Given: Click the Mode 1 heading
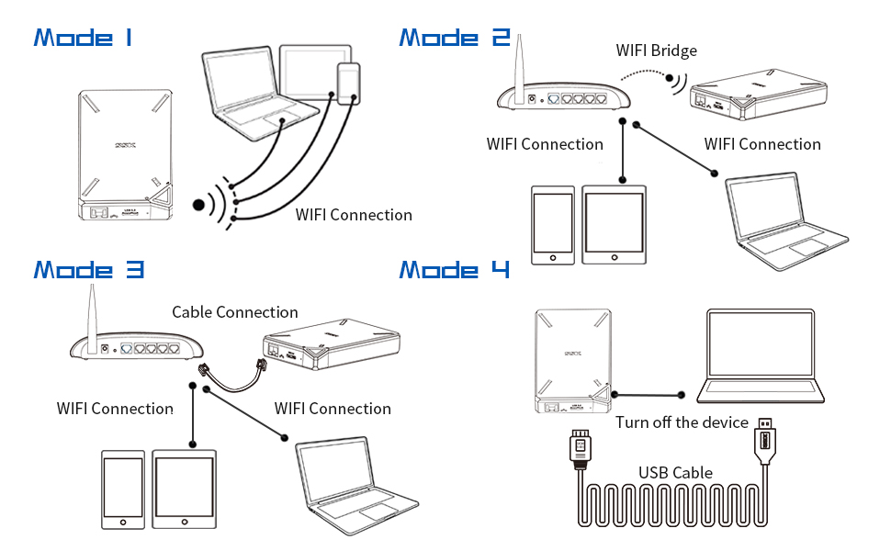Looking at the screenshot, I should [x=83, y=38].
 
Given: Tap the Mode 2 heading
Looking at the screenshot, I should [x=455, y=38].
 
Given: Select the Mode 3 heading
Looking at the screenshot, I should [x=88, y=269].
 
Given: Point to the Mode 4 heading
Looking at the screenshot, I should [x=455, y=270].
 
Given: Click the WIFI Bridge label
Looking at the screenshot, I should [x=656, y=51].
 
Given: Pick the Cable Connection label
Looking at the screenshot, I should [x=235, y=312].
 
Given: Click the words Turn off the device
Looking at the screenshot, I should [x=682, y=422].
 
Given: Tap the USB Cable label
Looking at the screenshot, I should [x=675, y=473].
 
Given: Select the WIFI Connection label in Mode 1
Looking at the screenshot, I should [x=354, y=215].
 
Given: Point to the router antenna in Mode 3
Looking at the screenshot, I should [x=92, y=312].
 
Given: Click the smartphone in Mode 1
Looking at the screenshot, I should [x=349, y=84].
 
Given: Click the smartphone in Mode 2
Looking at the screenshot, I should [x=553, y=226].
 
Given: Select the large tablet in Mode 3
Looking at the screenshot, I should [x=185, y=489].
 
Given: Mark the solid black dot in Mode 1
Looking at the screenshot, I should [x=198, y=204].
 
